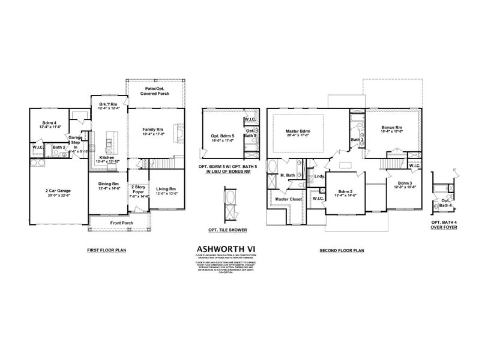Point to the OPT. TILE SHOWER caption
pos(227,229)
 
